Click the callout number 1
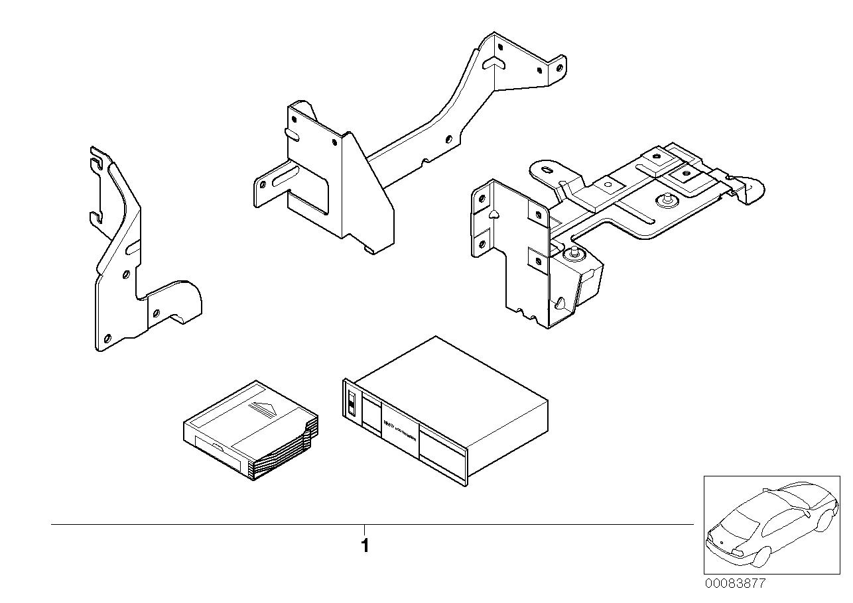tap(364, 547)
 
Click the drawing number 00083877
tap(734, 584)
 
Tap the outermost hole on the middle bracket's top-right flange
tap(558, 67)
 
